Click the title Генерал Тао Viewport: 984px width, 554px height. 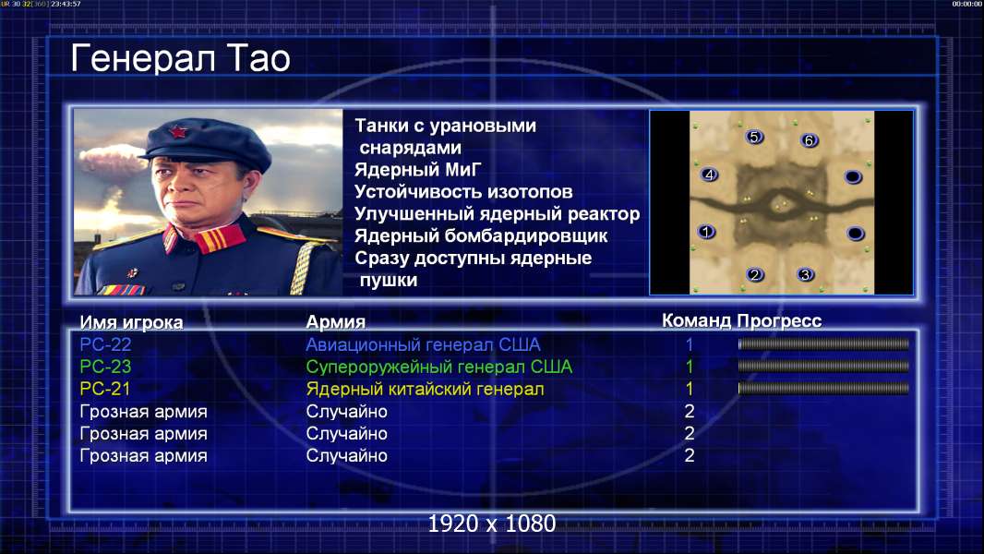[180, 58]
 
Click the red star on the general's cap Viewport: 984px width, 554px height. [177, 132]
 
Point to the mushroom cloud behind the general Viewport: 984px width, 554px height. [110, 160]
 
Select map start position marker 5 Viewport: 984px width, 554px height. [754, 137]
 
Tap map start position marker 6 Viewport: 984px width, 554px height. [809, 140]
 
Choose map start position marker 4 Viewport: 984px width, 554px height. [709, 175]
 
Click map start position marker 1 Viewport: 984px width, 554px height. [706, 232]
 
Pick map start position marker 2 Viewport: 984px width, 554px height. [755, 274]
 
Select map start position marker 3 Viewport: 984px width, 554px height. [805, 274]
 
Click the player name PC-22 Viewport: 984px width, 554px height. [105, 344]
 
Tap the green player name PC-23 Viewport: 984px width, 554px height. [105, 367]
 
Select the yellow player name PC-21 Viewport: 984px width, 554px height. [105, 389]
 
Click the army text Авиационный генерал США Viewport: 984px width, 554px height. [423, 344]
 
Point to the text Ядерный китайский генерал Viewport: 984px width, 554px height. [425, 389]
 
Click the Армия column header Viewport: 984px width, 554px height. [336, 322]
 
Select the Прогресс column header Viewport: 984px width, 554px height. [779, 320]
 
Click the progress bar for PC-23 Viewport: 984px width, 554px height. [823, 366]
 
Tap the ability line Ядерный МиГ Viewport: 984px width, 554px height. [417, 169]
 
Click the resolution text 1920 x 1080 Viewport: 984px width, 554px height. [492, 524]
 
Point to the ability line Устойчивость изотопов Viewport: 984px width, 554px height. [463, 191]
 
